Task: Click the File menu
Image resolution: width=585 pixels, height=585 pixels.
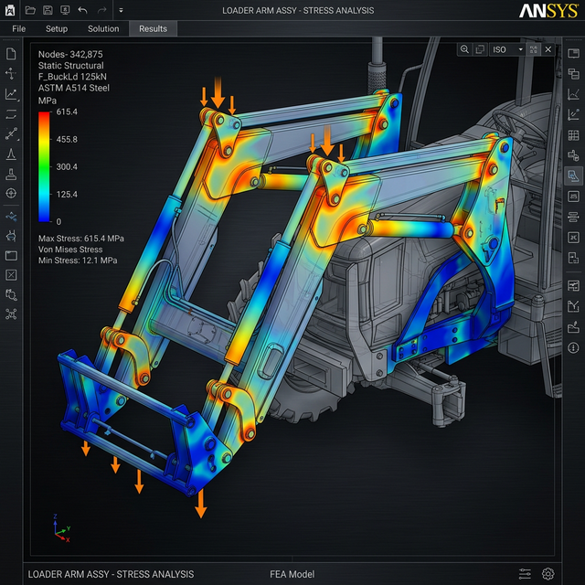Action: (x=18, y=28)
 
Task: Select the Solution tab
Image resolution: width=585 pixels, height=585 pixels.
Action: (x=103, y=28)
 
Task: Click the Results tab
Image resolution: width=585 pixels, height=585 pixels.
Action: (x=153, y=28)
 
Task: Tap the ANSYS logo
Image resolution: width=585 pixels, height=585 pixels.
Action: (x=548, y=11)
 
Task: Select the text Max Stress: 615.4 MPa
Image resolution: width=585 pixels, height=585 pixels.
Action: (x=80, y=239)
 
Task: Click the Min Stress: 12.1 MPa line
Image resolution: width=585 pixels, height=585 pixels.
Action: (x=78, y=261)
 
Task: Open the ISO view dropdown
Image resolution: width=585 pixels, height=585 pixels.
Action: (x=506, y=49)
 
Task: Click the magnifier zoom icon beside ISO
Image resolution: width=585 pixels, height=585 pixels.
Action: (x=465, y=49)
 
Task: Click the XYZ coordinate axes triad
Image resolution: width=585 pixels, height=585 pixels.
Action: (x=59, y=529)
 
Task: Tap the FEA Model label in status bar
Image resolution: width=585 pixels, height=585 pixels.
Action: (x=292, y=574)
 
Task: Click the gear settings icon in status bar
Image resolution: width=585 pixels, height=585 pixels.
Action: (x=548, y=574)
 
